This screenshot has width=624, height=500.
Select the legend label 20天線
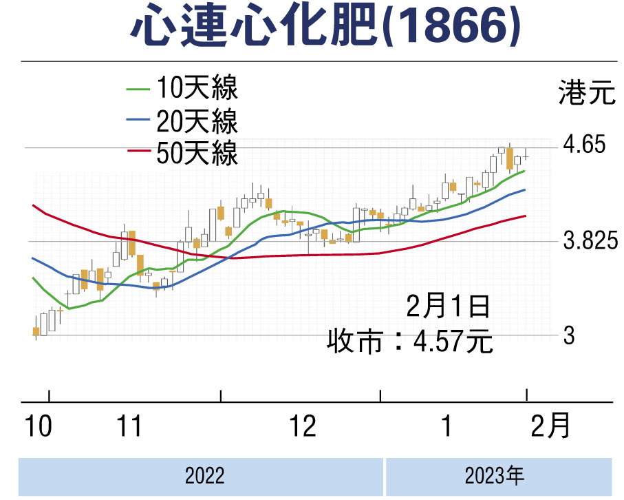(x=197, y=122)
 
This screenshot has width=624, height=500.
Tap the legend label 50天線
(x=197, y=153)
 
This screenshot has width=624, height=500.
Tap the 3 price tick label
(x=569, y=336)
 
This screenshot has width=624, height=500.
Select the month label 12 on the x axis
(x=302, y=427)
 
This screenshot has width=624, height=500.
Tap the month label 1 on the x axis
(x=446, y=427)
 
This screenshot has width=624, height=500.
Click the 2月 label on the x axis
(x=551, y=427)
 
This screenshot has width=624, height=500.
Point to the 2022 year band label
(x=205, y=476)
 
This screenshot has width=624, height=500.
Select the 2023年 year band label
(x=495, y=476)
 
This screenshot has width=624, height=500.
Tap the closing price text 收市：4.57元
(x=410, y=341)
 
